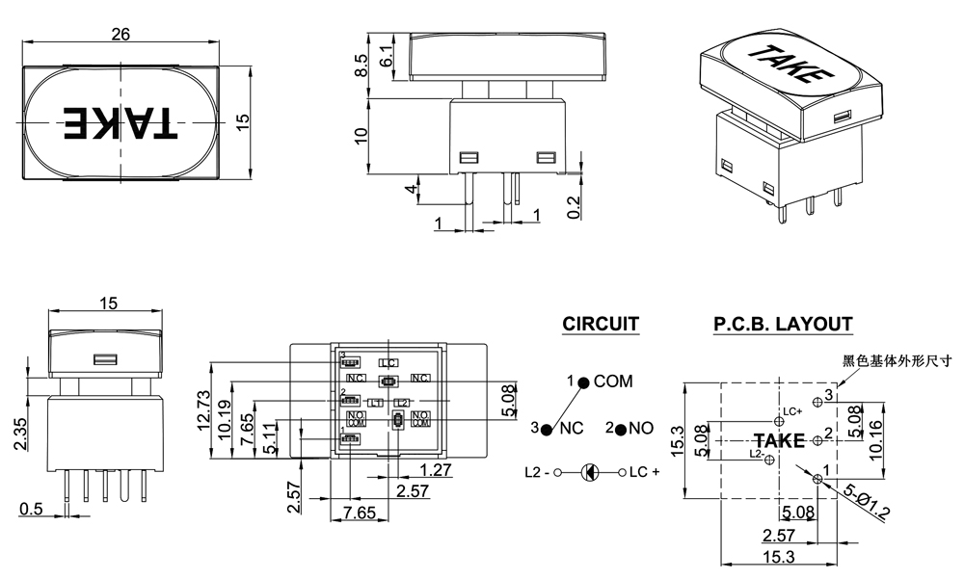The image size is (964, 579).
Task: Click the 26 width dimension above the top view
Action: click(x=121, y=34)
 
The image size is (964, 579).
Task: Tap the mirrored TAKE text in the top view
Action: click(x=121, y=121)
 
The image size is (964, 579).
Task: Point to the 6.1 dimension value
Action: click(x=387, y=55)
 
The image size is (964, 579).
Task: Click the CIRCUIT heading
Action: click(x=601, y=325)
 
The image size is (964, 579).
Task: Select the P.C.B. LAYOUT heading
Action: click(x=783, y=325)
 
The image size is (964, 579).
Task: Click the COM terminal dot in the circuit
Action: click(x=584, y=382)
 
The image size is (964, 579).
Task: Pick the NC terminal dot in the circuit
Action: click(x=548, y=428)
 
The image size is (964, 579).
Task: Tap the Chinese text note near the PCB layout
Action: click(x=896, y=361)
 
